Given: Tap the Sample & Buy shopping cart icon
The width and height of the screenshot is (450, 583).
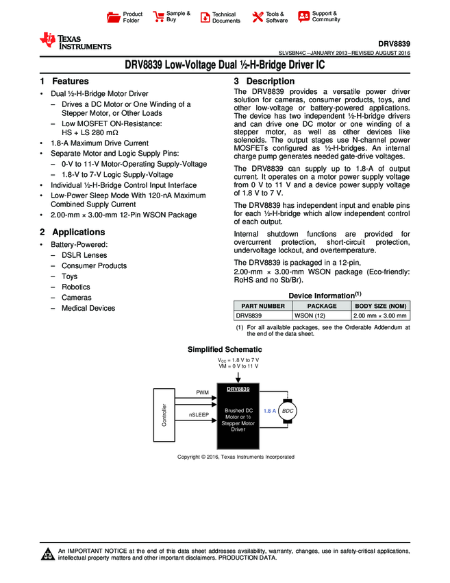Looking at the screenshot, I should [158, 17].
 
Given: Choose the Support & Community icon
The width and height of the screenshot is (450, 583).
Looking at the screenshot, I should [303, 17].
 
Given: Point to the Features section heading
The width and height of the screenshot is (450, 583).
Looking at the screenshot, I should [64, 81].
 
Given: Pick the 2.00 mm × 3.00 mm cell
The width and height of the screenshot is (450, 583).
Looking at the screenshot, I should [380, 316].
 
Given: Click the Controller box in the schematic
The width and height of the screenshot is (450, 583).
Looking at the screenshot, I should [164, 414].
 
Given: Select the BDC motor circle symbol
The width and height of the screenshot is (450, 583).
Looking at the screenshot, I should [288, 410].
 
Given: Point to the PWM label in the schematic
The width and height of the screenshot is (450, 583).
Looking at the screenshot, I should [203, 392].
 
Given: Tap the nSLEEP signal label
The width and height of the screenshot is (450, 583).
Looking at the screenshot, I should [199, 415].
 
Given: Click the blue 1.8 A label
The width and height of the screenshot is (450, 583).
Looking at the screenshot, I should [269, 410].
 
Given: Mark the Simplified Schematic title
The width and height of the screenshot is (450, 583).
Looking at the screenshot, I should [225, 350].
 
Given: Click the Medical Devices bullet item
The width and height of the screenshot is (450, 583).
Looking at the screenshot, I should [88, 309].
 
